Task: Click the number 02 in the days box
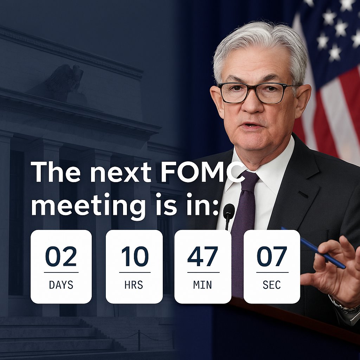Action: click(61, 256)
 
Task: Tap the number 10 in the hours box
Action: click(135, 256)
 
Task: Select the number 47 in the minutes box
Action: click(203, 256)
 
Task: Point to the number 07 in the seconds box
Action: click(272, 256)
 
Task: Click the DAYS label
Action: click(61, 285)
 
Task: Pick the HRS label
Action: click(134, 285)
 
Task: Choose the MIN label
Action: click(202, 285)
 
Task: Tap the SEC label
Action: click(272, 285)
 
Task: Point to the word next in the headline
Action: click(121, 174)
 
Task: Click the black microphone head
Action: click(229, 211)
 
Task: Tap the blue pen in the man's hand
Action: click(313, 247)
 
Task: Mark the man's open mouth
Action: click(252, 126)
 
